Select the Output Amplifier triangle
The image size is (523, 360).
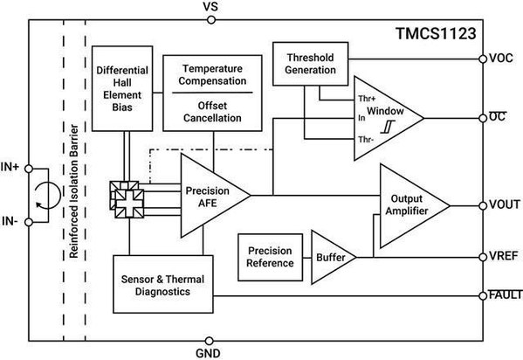click(x=409, y=204)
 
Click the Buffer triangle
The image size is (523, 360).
click(x=331, y=259)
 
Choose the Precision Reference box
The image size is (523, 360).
click(x=269, y=258)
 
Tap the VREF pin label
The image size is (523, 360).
click(x=503, y=258)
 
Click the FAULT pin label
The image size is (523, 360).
click(x=504, y=296)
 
